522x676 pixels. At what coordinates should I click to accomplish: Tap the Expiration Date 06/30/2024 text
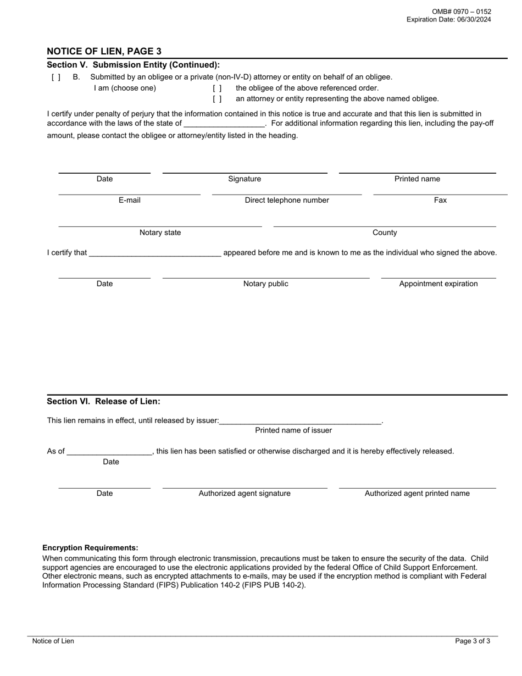448,20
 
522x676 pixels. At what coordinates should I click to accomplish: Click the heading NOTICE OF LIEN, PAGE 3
104,51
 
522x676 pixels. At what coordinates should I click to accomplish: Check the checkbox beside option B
56,77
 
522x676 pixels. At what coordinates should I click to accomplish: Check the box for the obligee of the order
218,88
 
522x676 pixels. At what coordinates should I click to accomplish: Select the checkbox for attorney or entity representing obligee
218,99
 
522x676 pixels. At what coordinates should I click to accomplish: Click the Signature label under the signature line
245,179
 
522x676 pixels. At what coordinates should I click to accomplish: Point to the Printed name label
417,179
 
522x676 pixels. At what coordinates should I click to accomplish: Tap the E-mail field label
130,201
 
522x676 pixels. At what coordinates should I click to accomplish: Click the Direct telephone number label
287,201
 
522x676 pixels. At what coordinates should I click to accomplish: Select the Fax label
440,201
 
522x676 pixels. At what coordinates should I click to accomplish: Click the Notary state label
160,233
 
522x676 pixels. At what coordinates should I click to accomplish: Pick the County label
385,233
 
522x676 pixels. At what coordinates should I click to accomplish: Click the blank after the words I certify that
155,253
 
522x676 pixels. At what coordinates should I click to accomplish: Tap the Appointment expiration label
438,284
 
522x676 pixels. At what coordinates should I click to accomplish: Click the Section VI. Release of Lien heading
104,402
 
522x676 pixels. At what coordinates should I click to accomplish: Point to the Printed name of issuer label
293,430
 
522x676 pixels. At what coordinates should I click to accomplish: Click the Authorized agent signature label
245,494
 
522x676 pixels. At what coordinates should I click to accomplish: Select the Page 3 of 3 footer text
473,641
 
